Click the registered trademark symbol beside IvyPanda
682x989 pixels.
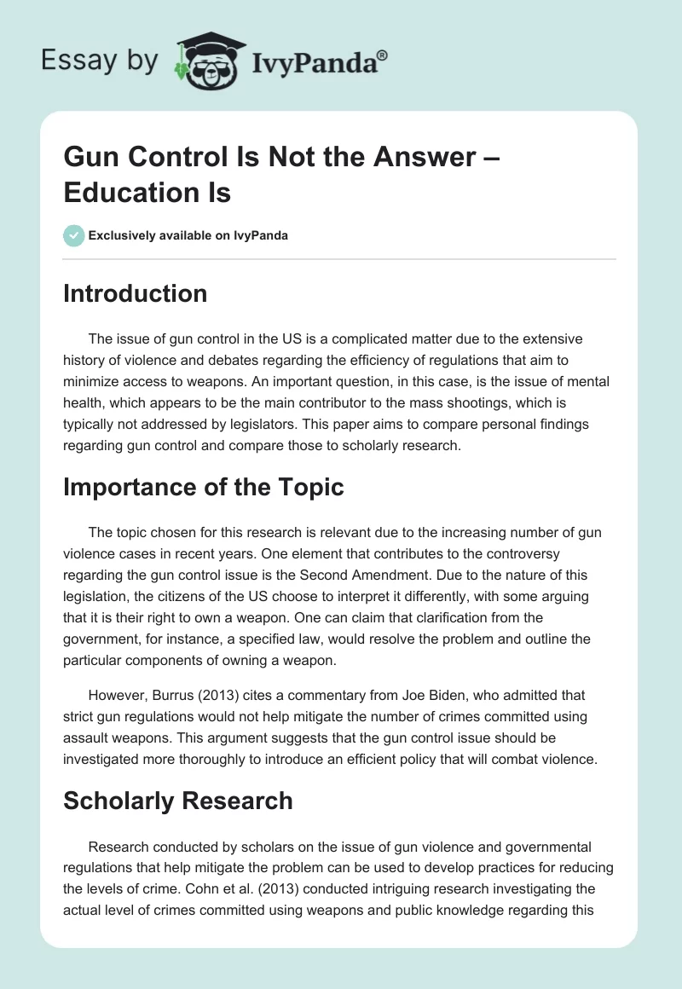[382, 55]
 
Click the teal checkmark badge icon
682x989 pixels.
[74, 235]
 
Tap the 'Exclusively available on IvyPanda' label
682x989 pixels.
[188, 236]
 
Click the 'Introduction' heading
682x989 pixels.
[136, 293]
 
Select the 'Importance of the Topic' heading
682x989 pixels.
[204, 487]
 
